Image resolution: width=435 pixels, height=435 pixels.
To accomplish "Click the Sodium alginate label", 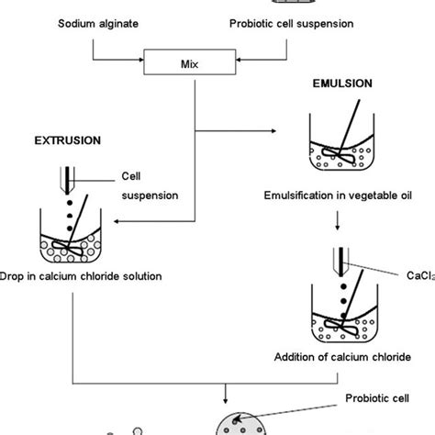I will pyautogui.click(x=91, y=20).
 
